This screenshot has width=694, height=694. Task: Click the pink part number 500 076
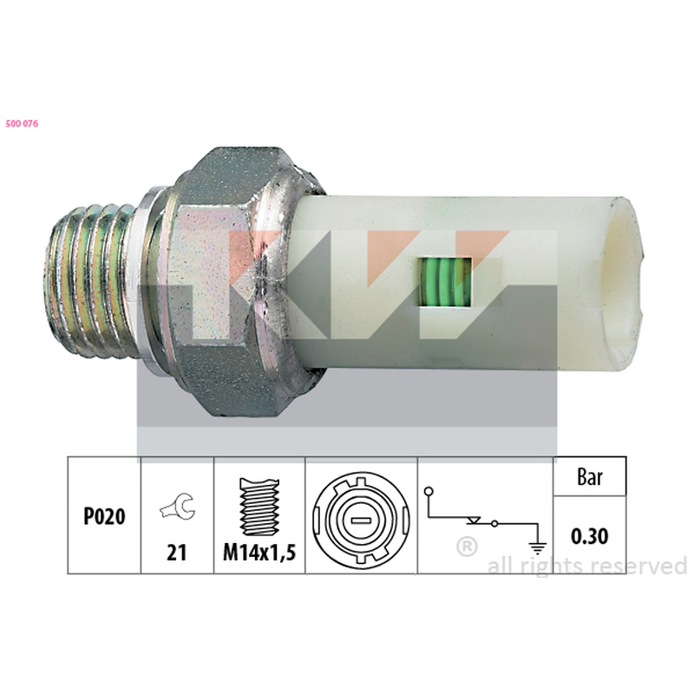[23, 124]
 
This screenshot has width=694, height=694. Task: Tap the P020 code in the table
[104, 516]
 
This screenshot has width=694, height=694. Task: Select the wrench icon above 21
[178, 507]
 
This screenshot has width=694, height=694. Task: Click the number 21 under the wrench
[177, 553]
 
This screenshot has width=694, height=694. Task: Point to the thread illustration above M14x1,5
[259, 507]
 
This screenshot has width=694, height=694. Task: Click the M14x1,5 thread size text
[259, 553]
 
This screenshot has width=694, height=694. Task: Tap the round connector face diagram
[361, 520]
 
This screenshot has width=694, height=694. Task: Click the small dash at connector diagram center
[361, 520]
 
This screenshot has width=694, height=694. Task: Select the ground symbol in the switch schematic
[538, 548]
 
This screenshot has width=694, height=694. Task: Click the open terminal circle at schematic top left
[429, 491]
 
